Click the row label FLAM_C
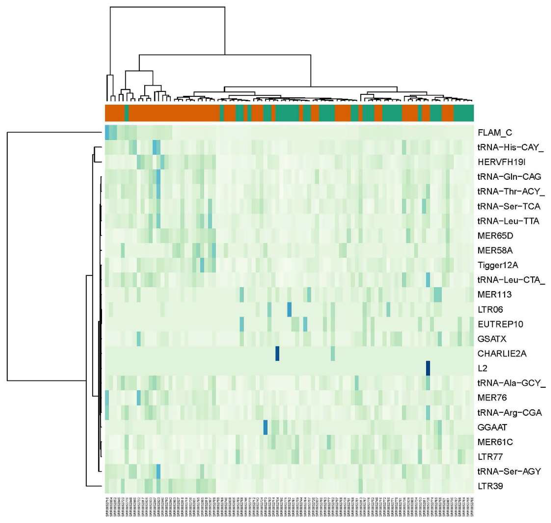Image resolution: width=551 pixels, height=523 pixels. click(x=495, y=133)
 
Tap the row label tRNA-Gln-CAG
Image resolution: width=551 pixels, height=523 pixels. click(x=509, y=177)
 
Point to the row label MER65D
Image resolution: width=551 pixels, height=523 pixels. click(x=495, y=236)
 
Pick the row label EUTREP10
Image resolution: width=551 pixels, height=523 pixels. click(x=500, y=324)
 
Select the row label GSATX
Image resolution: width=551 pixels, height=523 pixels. click(x=492, y=339)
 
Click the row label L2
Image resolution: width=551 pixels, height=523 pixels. click(x=482, y=368)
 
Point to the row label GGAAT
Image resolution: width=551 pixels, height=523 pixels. click(x=492, y=427)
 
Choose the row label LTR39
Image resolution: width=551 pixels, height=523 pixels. click(x=490, y=487)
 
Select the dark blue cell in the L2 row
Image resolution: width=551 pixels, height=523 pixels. click(x=428, y=368)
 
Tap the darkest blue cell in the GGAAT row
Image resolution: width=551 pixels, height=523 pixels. click(x=266, y=427)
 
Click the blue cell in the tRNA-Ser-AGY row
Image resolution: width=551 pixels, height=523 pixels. click(x=158, y=472)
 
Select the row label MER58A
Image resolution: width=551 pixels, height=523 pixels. click(x=495, y=251)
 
